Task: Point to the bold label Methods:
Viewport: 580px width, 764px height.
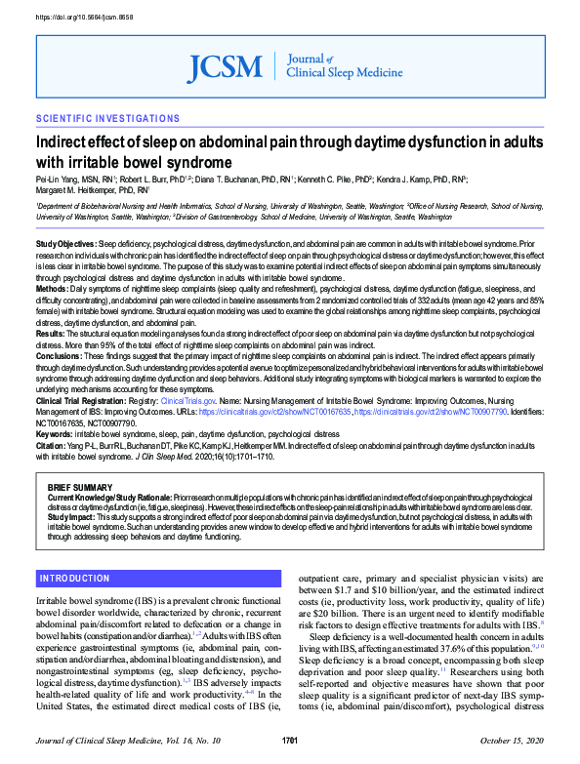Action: (53, 289)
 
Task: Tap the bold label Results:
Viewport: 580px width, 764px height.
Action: (51, 334)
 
